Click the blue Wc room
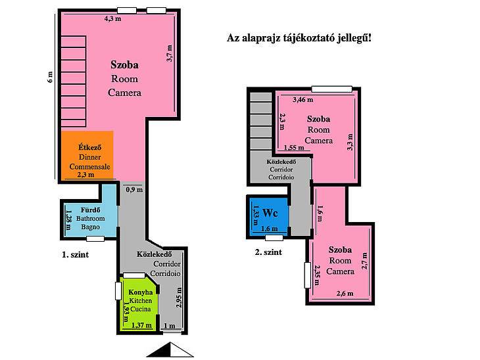coord(269,217)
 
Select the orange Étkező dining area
coord(88,156)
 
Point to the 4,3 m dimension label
coord(112,18)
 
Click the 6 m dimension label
coord(50,77)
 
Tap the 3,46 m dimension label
coord(302,99)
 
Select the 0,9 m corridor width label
coord(134,190)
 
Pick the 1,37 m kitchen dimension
coord(141,325)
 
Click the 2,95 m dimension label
coord(179,297)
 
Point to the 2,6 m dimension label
coord(345,294)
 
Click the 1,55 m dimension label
coord(294,147)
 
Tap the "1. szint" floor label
coord(76,254)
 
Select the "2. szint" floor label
coord(268,252)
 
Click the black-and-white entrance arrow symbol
coord(170,349)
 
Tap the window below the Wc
coord(274,238)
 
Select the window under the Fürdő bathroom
coord(95,238)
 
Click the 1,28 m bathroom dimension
coord(68,219)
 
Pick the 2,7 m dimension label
coord(364,261)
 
